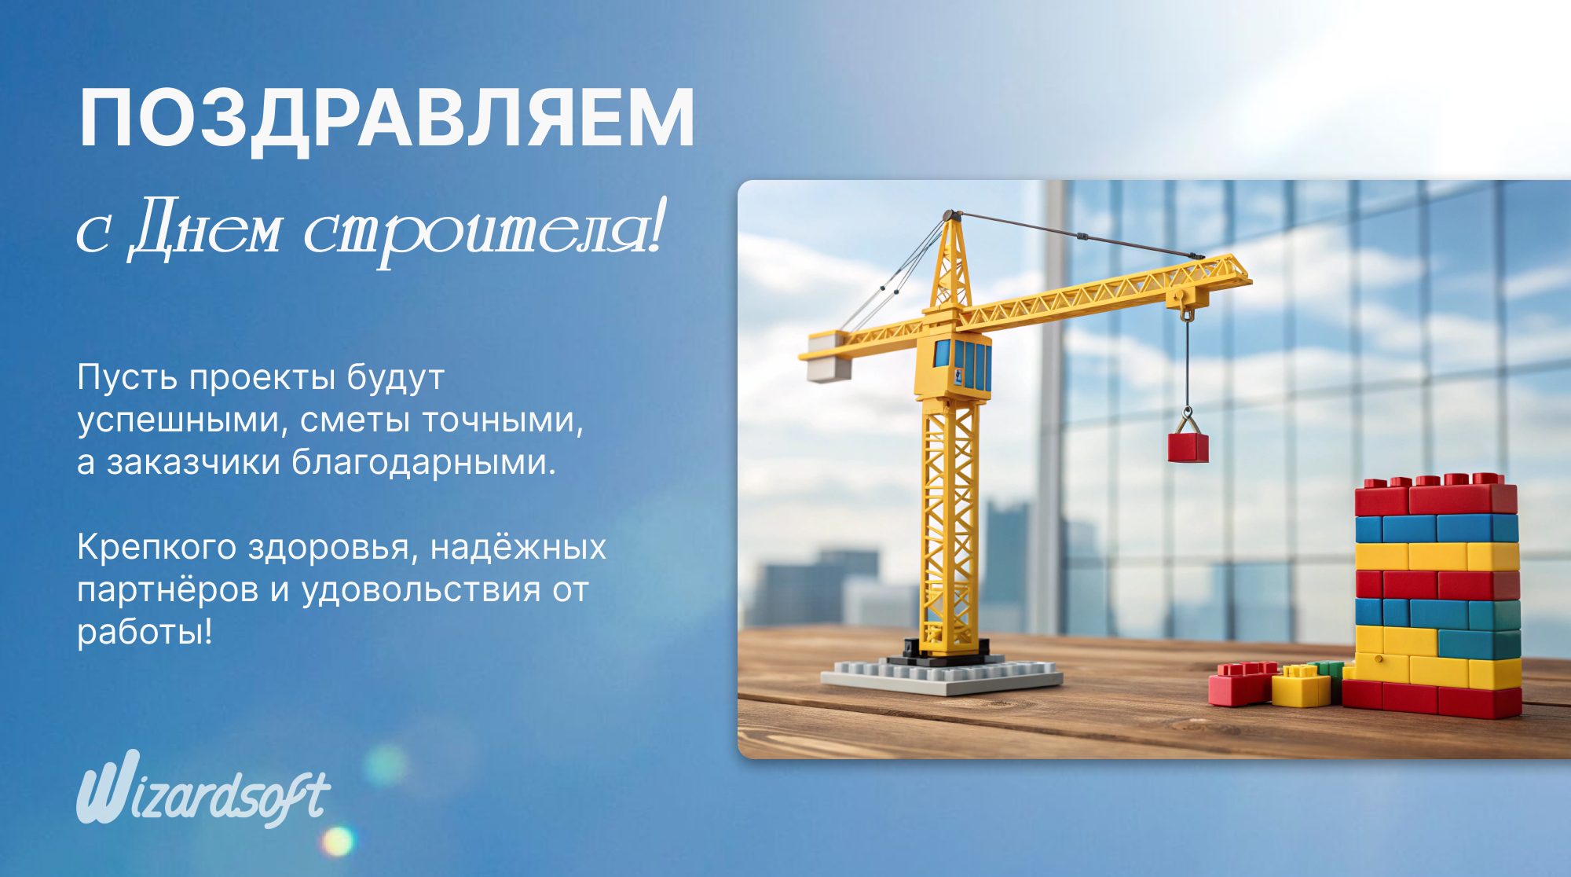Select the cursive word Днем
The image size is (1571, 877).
coord(206,229)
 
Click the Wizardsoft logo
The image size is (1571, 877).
coord(203,788)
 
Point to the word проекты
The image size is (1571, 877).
coord(262,379)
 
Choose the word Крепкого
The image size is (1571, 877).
coord(156,548)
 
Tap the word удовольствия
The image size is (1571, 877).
coord(421,590)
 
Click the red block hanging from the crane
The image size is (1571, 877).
coord(1188,447)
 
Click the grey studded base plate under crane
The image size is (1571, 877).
coord(941,677)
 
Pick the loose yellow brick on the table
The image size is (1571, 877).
coord(1301,686)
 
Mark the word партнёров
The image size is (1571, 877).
coord(167,591)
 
